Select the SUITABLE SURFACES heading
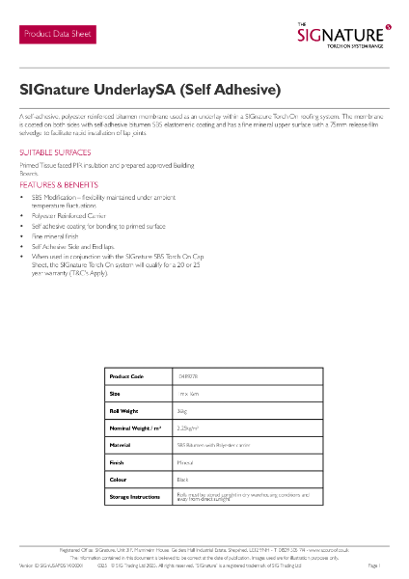[55, 153]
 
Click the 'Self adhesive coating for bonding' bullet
[86, 227]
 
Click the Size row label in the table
[115, 394]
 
